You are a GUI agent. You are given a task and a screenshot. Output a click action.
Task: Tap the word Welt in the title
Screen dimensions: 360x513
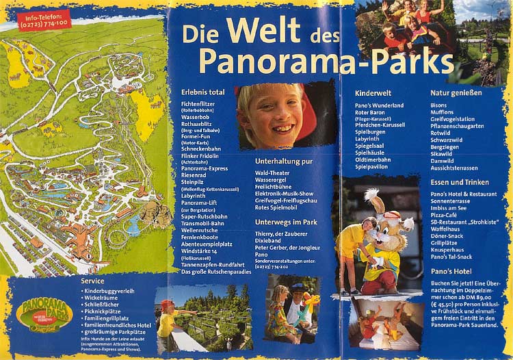[x=261, y=30]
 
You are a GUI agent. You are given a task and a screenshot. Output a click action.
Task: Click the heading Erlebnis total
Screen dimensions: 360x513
[x=202, y=92]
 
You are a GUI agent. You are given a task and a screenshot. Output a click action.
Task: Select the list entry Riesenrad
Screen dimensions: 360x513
[x=194, y=175]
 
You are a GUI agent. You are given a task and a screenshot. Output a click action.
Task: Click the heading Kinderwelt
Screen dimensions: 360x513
[x=373, y=92]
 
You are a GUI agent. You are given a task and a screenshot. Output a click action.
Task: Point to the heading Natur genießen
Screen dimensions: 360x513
[x=456, y=92]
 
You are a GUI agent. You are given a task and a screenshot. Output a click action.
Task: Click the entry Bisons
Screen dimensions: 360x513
[x=438, y=105]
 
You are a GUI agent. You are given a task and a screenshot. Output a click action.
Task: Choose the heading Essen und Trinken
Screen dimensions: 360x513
[x=460, y=182]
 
